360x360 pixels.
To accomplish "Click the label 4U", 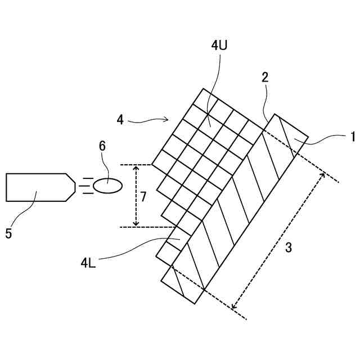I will click(x=219, y=47).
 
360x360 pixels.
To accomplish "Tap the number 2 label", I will click(x=265, y=78).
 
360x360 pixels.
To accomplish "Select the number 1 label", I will click(x=353, y=136).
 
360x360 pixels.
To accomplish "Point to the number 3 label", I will click(x=289, y=247).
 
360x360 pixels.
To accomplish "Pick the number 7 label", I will click(x=144, y=196).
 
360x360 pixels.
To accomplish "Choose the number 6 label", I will click(x=102, y=146).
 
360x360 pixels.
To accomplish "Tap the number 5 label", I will click(x=8, y=233).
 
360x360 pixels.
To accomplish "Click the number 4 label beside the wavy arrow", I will click(x=120, y=119).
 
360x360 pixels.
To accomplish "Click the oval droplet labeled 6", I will click(x=107, y=186).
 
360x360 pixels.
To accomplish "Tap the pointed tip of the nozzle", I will click(x=74, y=187).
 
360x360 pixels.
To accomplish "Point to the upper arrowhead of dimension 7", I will click(x=136, y=169).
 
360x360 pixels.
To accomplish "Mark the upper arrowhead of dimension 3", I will click(x=322, y=175).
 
